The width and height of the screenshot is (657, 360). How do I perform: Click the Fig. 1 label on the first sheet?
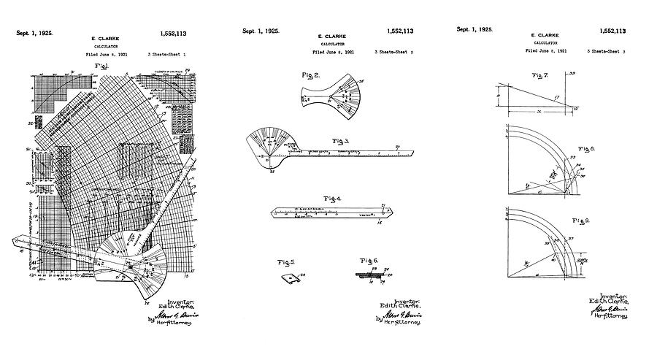[101, 66]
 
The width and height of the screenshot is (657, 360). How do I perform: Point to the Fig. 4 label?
[333, 199]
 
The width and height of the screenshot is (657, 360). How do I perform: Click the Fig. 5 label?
[286, 261]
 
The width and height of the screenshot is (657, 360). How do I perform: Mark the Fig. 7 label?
[540, 76]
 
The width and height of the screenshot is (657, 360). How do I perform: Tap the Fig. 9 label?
[582, 219]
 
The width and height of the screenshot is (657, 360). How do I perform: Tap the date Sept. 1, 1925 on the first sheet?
[34, 34]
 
